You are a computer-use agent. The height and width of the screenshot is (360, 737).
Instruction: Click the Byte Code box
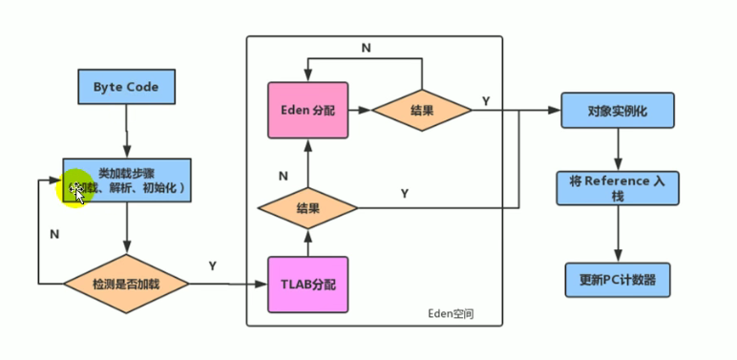tap(126, 88)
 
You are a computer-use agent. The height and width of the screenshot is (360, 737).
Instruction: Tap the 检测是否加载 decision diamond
tap(126, 284)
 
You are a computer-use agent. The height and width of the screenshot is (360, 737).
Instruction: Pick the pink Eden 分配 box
tap(308, 111)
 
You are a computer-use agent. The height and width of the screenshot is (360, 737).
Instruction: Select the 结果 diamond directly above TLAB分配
tap(308, 207)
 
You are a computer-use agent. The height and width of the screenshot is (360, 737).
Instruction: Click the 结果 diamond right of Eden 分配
tap(422, 111)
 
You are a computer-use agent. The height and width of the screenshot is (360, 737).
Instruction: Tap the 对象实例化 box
tap(617, 111)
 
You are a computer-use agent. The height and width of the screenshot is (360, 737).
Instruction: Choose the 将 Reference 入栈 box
tap(617, 188)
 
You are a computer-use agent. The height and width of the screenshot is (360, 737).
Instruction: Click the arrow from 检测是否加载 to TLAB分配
tap(229, 284)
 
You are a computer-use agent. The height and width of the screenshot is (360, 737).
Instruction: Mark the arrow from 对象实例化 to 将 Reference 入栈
tap(617, 149)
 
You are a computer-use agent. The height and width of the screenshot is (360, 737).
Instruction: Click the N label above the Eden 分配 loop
tap(366, 47)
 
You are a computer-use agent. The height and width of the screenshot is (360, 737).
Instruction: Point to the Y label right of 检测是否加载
tap(212, 265)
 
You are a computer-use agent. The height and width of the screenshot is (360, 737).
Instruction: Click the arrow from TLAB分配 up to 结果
tap(308, 243)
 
